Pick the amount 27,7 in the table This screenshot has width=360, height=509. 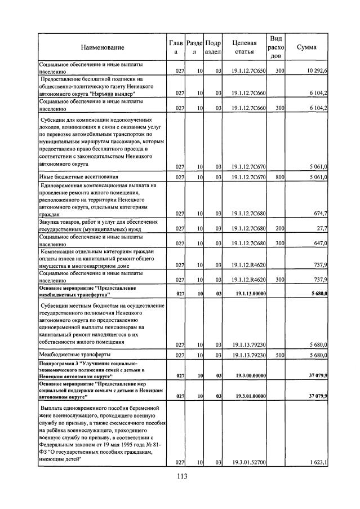click(x=321, y=228)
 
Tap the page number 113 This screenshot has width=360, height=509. click(x=180, y=476)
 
